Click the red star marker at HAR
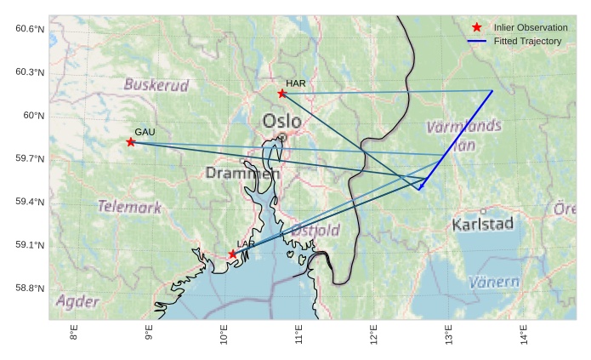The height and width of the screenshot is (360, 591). pos(281,93)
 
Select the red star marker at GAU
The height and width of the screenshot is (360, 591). pos(130,142)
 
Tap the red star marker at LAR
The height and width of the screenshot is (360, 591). pos(232,254)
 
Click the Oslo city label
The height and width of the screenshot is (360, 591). pos(281,121)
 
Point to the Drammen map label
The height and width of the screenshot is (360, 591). pos(242,173)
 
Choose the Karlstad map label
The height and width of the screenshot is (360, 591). pos(482,225)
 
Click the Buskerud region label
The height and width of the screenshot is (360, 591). pos(156,85)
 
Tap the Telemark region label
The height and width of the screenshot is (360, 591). pos(129,206)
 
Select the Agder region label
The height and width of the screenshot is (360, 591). pos(77,301)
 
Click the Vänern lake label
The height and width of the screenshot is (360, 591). pos(493,282)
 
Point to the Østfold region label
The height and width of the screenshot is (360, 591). pos(315,231)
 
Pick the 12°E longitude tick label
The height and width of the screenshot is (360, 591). pos(373,334)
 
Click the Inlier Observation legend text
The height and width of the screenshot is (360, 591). pos(531,28)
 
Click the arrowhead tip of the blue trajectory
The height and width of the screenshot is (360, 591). pos(419,191)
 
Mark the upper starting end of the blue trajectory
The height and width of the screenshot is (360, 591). pos(492,91)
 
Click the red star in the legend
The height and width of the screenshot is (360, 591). pos(476,28)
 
